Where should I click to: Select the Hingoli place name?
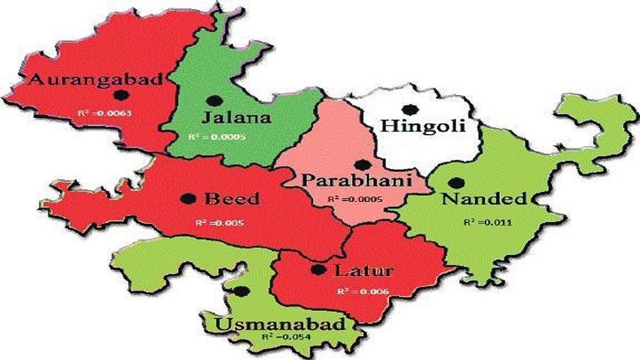click(x=423, y=126)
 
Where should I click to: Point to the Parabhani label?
click(x=356, y=180)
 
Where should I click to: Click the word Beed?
click(x=232, y=199)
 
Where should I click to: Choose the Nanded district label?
click(x=484, y=199)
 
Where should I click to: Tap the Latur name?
click(x=364, y=270)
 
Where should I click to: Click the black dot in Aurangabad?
click(x=122, y=95)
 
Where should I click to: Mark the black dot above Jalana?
click(x=215, y=100)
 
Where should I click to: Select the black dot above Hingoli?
click(x=410, y=109)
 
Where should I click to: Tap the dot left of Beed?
click(x=188, y=198)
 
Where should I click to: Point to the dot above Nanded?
click(x=455, y=183)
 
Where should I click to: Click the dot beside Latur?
click(x=318, y=270)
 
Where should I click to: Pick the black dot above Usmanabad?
click(x=243, y=292)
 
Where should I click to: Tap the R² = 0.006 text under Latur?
click(x=363, y=292)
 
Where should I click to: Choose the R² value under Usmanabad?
click(x=286, y=337)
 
